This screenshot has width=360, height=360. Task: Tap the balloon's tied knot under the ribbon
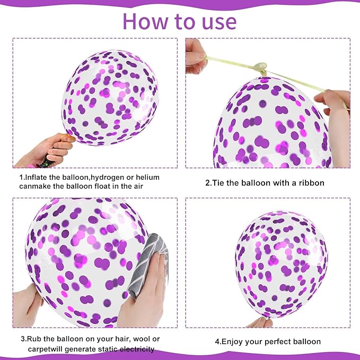coord(259,67)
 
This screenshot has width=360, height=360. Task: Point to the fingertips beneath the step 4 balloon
coord(260,322)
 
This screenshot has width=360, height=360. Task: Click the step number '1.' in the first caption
coord(22,177)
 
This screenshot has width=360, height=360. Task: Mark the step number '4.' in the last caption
coord(218,342)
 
